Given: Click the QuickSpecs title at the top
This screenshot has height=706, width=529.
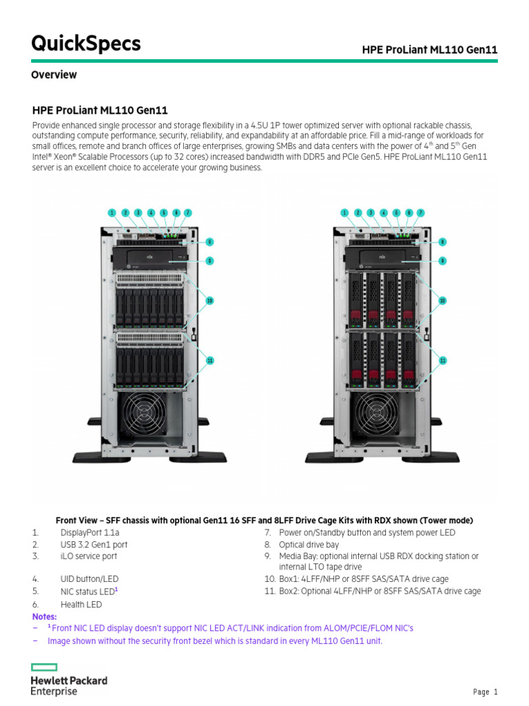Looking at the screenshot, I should pyautogui.click(x=85, y=43).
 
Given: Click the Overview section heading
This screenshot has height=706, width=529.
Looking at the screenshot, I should pyautogui.click(x=54, y=74).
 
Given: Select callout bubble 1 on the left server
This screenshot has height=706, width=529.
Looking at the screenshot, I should pyautogui.click(x=112, y=213).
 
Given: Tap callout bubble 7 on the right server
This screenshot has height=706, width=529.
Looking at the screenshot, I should pyautogui.click(x=421, y=213).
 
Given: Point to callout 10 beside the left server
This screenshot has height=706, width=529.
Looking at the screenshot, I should pyautogui.click(x=210, y=300).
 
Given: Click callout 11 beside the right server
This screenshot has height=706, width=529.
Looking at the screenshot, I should pyautogui.click(x=443, y=360).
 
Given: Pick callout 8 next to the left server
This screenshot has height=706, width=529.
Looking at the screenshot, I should pyautogui.click(x=209, y=242).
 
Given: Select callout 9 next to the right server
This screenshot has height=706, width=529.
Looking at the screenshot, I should pyautogui.click(x=442, y=261).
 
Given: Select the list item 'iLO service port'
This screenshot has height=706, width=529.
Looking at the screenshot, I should pyautogui.click(x=88, y=556).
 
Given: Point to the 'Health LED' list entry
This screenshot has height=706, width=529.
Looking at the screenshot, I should pyautogui.click(x=81, y=605).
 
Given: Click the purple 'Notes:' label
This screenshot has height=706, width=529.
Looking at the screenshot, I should pyautogui.click(x=45, y=616).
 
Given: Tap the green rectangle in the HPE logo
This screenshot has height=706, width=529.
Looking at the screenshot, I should pyautogui.click(x=44, y=667).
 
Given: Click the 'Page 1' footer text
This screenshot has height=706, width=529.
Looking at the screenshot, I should pyautogui.click(x=485, y=692).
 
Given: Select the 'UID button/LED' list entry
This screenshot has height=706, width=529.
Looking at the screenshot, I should pyautogui.click(x=88, y=579).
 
